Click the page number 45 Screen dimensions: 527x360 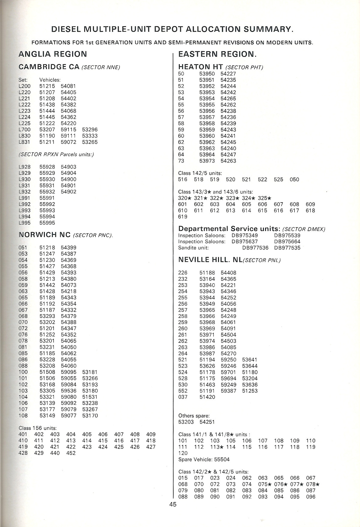173,504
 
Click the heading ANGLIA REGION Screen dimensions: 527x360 53,54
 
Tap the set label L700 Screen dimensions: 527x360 25,130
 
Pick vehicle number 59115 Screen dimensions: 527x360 68,130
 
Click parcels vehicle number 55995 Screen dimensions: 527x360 47,223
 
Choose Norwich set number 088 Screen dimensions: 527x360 23,366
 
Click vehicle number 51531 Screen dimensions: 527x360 90,397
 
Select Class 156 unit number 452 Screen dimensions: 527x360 71,453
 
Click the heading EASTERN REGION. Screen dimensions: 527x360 217,54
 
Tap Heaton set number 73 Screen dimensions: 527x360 181,161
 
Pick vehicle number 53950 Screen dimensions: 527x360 207,74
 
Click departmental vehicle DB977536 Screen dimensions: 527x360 255,248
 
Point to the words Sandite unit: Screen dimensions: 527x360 193,248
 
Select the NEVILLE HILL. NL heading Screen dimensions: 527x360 210,260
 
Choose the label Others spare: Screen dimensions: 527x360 194,416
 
